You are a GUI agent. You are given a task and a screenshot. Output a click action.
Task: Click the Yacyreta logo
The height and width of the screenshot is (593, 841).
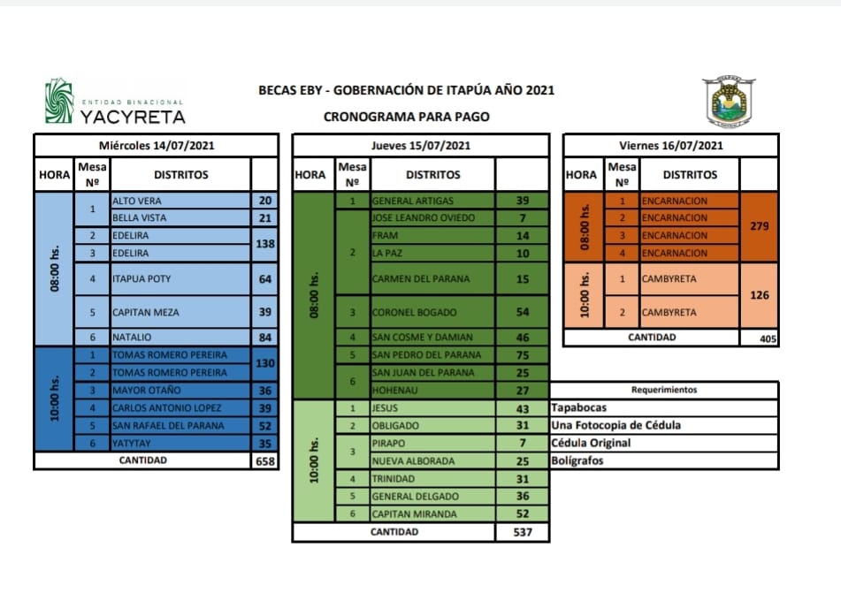115,103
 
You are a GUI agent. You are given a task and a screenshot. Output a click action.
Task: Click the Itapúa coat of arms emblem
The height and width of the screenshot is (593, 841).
729,102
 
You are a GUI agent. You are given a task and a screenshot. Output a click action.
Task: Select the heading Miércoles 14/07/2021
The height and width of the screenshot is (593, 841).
156,145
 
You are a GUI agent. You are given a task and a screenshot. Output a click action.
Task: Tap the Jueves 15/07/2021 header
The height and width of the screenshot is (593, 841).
420,145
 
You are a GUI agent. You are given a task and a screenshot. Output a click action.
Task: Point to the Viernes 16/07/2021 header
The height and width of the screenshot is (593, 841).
671,145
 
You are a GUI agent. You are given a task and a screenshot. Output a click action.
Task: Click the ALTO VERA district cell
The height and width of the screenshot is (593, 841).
180,201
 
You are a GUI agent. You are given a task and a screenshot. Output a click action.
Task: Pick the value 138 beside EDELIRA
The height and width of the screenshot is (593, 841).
264,244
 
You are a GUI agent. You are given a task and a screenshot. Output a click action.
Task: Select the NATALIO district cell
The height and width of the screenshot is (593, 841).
180,337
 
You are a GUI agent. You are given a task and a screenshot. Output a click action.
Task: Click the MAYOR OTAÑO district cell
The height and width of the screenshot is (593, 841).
180,390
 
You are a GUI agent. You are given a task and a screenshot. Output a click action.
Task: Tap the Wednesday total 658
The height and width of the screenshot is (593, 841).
264,460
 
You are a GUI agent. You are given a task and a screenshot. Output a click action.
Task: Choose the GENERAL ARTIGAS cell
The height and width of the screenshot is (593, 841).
432,201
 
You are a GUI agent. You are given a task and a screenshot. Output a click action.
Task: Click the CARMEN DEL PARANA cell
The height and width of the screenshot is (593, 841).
432,279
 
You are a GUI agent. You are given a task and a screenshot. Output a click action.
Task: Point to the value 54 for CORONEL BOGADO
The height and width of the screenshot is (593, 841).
522,313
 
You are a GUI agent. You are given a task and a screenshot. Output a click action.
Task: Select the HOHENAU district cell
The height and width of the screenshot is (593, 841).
432,390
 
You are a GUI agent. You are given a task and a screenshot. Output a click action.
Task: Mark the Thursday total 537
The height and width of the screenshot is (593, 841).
522,532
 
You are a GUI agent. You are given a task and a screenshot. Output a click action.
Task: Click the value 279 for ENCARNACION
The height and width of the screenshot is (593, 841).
758,226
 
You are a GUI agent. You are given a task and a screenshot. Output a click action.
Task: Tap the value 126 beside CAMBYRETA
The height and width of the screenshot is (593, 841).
758,295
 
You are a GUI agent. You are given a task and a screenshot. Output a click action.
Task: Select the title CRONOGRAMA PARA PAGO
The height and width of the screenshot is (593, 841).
406,116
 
